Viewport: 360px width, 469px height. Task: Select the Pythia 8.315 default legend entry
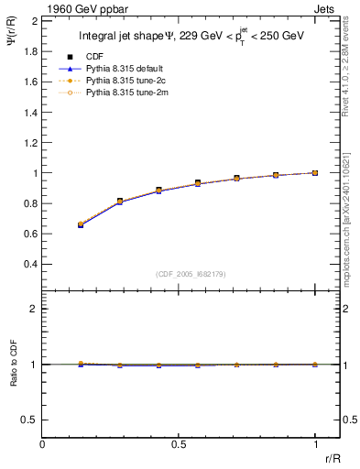click(117, 68)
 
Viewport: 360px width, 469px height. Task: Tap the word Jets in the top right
click(327, 7)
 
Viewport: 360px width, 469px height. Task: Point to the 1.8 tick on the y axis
click(27, 51)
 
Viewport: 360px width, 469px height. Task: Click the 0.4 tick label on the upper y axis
click(27, 264)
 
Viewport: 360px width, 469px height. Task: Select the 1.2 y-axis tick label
click(27, 142)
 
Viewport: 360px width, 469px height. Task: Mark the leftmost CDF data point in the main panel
click(81, 224)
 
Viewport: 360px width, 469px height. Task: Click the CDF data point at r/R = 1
click(315, 172)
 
